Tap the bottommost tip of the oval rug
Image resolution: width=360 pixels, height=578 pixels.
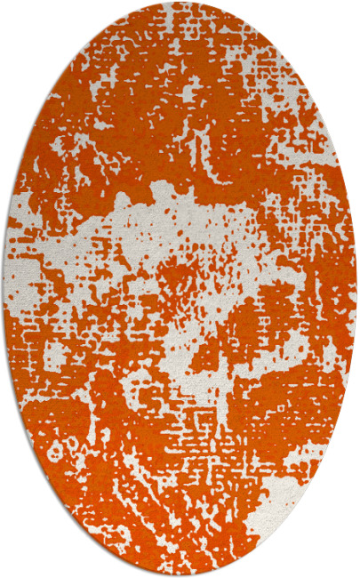[180, 575]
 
